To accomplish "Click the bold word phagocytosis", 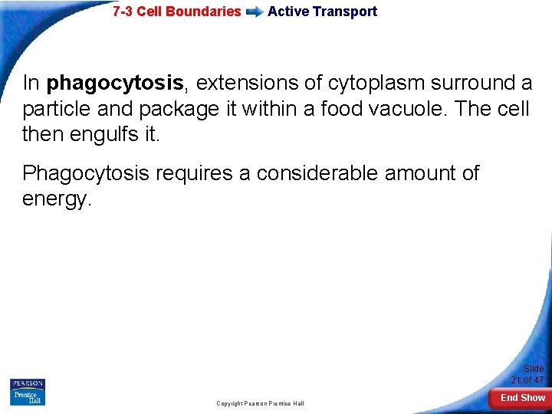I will (x=114, y=83).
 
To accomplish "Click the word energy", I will (x=57, y=199).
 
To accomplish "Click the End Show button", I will (x=522, y=398).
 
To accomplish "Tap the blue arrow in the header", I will (x=254, y=12).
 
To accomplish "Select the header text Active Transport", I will (x=322, y=11).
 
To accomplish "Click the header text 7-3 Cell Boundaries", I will (x=176, y=11).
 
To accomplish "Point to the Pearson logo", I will (x=28, y=383).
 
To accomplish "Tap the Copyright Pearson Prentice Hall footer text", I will (x=260, y=403).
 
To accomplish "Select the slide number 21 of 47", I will (x=527, y=375).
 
